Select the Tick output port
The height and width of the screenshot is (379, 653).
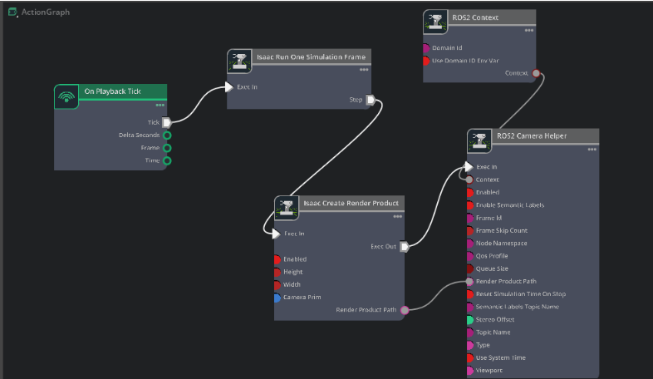[167, 122]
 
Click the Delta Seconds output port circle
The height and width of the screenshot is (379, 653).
[167, 135]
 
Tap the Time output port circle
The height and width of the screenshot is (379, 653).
[167, 160]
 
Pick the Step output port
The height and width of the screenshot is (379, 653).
[371, 101]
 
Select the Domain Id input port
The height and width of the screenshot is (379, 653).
[427, 48]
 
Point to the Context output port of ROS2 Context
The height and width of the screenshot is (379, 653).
[537, 73]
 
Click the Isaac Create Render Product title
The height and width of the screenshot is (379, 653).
[351, 203]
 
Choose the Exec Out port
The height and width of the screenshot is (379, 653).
[405, 246]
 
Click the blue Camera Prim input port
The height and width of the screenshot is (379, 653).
[277, 297]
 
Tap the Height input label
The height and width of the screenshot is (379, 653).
[294, 272]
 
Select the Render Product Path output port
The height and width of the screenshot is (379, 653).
[405, 310]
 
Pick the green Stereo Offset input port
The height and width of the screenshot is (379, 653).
[470, 319]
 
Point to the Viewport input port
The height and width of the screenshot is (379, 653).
[470, 371]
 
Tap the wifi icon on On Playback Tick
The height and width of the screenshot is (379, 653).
[66, 96]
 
